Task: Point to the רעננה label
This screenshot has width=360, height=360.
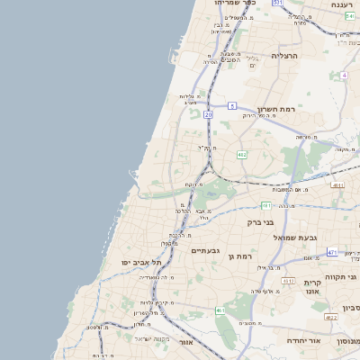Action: (341, 4)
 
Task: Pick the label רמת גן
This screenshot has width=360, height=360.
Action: (244, 257)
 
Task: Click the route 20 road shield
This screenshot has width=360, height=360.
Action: (208, 115)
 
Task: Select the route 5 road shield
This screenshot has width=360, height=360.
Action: (231, 106)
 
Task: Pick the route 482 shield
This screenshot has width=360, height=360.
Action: (242, 155)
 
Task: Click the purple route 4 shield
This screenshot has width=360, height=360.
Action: (344, 76)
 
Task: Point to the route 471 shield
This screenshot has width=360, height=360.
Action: (332, 253)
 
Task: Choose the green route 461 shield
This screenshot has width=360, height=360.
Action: (220, 310)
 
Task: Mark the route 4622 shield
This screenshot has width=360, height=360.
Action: (330, 317)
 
